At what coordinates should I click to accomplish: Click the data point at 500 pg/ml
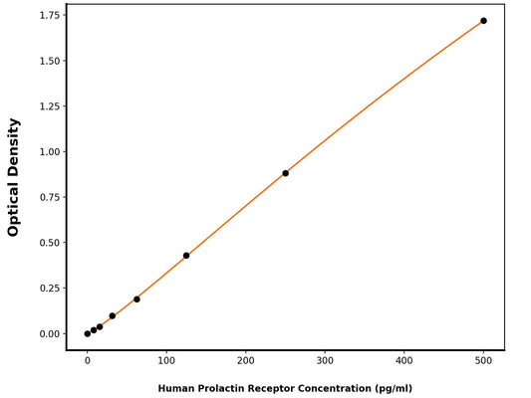coord(484,21)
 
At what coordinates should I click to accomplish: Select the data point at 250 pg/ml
coord(286,173)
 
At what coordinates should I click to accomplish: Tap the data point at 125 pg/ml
coord(186,256)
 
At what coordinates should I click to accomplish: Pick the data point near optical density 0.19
coord(136,299)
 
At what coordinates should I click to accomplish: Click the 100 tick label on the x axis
coord(166,361)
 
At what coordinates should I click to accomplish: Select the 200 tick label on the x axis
coord(246,361)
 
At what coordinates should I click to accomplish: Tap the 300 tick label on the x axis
coord(325,361)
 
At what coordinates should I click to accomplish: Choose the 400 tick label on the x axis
coord(404,361)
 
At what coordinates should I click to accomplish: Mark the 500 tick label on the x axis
coord(484,361)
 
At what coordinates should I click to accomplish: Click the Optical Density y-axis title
coord(14,177)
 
